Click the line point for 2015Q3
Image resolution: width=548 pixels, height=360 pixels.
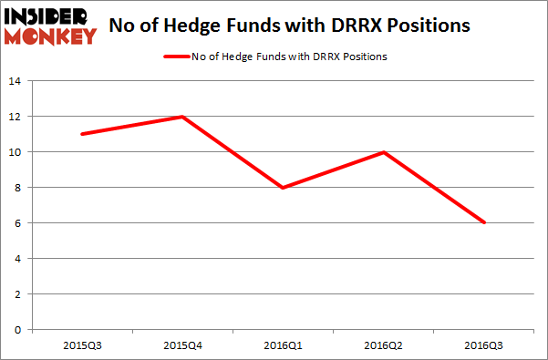pos(81,134)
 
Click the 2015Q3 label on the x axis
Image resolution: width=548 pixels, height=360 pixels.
pos(81,344)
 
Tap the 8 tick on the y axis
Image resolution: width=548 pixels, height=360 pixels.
pos(17,188)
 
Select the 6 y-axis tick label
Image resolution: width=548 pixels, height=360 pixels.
pos(17,223)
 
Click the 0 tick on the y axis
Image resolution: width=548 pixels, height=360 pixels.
pos(17,330)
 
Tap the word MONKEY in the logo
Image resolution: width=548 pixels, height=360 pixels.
pos(54,36)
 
